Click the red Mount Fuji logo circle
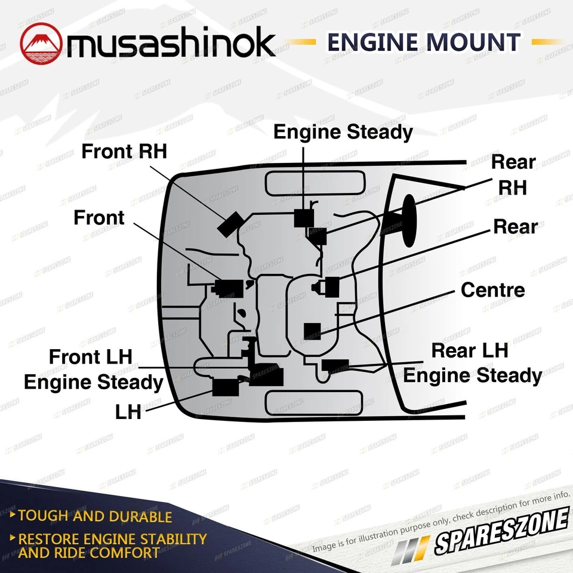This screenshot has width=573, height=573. point(42,42)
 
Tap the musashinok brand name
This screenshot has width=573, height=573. point(171,44)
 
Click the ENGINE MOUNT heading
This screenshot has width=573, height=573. point(424,43)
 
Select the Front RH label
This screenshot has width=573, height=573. point(124,152)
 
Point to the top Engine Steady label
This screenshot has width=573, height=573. point(343,132)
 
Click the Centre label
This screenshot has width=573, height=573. point(492,290)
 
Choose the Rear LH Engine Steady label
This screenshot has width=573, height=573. point(472,363)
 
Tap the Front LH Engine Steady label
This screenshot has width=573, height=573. point(94,369)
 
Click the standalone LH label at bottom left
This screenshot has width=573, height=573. point(128,412)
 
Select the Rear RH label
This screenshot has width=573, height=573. point(513,174)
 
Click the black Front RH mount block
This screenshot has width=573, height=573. point(229,224)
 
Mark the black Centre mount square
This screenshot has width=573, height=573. point(313,331)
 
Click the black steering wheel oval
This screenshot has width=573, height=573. point(409,220)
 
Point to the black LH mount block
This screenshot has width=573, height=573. point(226,387)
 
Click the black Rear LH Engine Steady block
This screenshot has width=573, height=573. point(334,366)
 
